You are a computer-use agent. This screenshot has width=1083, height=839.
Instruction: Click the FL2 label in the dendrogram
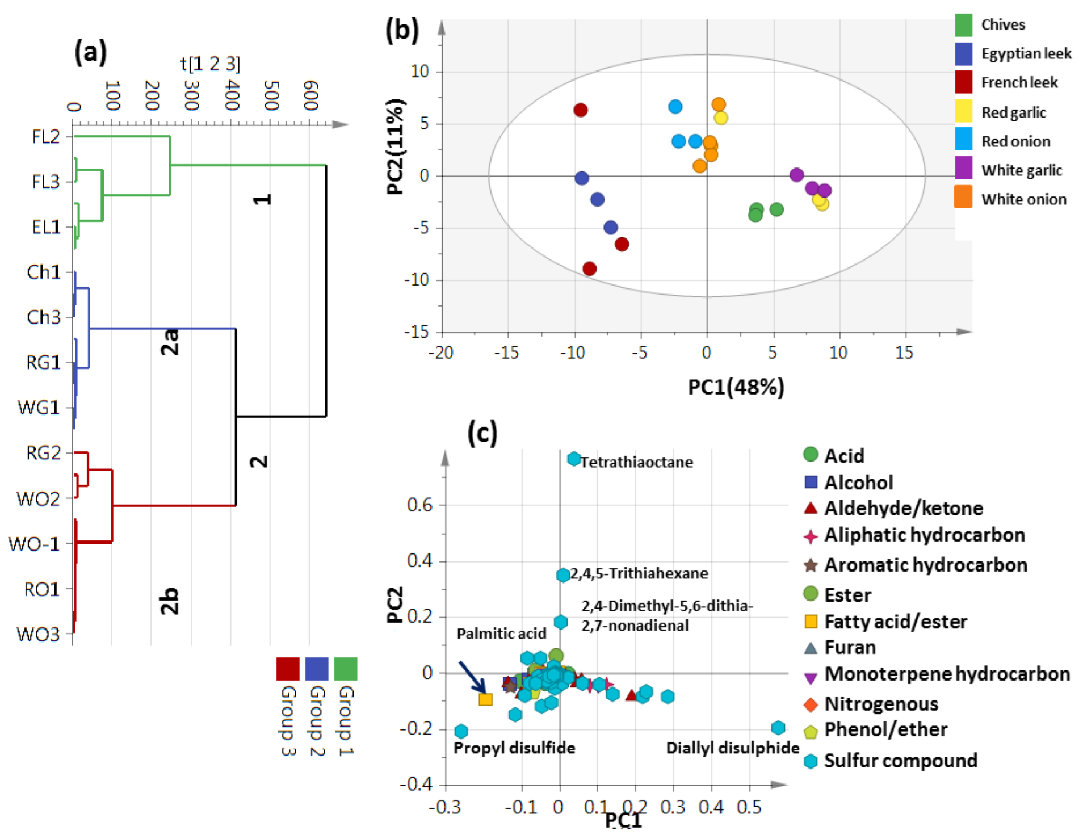point(45,137)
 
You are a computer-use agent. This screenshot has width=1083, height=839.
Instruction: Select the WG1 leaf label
point(39,408)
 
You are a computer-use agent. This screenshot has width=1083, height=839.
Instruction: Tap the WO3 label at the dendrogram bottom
point(38,634)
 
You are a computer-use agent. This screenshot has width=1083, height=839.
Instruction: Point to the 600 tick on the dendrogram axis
point(311,95)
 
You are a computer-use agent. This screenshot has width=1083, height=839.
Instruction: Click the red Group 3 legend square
point(287,669)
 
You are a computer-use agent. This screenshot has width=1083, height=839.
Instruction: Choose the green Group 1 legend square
point(345,669)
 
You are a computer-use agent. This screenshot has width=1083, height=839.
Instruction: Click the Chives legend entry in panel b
point(1002,25)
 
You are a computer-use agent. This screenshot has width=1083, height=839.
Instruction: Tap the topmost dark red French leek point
point(580,110)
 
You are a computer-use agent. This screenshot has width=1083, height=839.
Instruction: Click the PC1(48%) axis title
point(736,387)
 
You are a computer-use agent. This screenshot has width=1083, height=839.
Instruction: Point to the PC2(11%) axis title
point(396,146)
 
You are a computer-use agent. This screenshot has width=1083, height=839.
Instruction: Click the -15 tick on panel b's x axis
point(506,353)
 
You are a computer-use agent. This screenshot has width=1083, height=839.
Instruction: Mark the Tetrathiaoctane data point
point(574,459)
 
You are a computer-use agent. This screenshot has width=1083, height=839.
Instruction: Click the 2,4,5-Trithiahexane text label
point(639,573)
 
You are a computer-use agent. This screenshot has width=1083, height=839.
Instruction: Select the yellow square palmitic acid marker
point(485,699)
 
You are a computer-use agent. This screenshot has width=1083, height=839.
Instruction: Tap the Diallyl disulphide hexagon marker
point(778,728)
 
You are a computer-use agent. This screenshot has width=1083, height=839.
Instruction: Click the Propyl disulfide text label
point(514,748)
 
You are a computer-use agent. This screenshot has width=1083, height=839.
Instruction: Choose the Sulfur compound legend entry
point(900,761)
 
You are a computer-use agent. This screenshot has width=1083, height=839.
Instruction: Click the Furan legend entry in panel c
point(850,647)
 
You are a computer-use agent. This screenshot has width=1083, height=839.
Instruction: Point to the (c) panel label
point(482,433)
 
